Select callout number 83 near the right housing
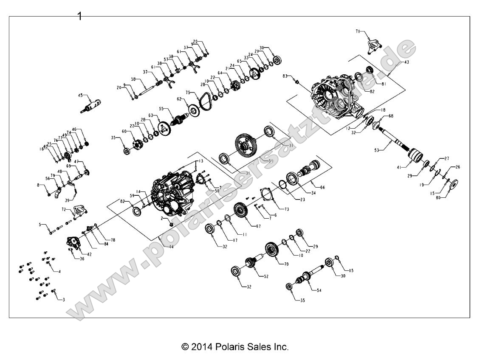pyautogui.click(x=285, y=76)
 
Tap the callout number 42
pyautogui.click(x=88, y=254)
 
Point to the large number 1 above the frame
pyautogui.click(x=79, y=16)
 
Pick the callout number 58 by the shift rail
pyautogui.click(x=133, y=79)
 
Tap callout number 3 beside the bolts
pyautogui.click(x=64, y=300)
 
